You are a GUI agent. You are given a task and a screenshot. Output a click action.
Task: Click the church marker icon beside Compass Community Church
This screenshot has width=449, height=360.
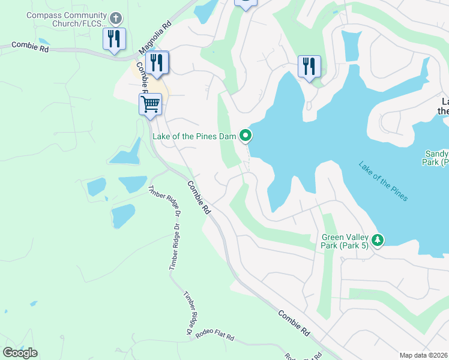point(116,19)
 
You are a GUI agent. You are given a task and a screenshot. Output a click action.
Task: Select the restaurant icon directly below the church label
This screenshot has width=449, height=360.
point(114,39)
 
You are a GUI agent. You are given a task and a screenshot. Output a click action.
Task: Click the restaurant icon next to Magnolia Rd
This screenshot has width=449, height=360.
point(157,62)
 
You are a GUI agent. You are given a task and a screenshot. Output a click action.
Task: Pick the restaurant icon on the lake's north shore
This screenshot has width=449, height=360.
point(309,66)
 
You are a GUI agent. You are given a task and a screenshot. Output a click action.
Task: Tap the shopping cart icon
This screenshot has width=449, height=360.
point(150,104)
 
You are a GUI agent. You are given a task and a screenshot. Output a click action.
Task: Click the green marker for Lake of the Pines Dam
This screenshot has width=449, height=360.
point(245,136)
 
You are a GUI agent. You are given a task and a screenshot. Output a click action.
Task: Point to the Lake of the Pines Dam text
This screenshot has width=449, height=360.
point(194,136)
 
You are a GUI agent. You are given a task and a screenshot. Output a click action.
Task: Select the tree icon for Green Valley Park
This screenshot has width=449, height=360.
point(377,240)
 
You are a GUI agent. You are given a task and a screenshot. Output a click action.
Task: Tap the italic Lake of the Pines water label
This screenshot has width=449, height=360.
point(383,181)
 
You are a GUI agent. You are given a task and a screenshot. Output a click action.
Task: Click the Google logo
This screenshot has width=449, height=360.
point(20,353)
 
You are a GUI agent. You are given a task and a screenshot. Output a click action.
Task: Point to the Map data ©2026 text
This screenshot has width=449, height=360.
point(424,355)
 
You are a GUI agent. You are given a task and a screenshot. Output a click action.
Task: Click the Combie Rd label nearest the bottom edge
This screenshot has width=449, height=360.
point(294,322)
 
